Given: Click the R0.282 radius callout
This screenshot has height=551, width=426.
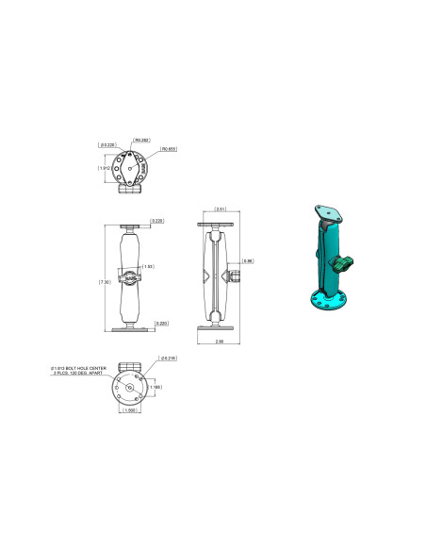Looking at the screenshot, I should click(143, 140).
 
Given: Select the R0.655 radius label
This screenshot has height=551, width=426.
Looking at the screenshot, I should click(170, 148).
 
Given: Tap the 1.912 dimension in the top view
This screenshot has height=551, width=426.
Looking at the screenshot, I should click(106, 169).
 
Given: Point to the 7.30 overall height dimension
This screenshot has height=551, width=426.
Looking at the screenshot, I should click(106, 281).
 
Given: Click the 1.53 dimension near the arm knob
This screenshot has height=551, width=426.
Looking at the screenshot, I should click(148, 267).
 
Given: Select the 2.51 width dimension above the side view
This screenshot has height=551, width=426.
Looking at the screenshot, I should click(221, 209).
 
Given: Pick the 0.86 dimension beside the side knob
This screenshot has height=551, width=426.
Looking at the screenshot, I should click(247, 260).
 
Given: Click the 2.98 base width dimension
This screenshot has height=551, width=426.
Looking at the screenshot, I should click(220, 341).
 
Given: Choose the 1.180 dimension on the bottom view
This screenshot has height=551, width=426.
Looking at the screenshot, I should click(156, 387).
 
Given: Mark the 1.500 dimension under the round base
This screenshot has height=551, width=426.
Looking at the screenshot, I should click(129, 410).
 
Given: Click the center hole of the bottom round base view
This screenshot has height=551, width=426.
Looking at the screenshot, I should click(129, 387).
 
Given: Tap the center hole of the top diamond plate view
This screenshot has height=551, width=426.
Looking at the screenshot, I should click(129, 170).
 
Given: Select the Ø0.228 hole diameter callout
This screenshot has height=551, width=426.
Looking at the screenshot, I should click(107, 145).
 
